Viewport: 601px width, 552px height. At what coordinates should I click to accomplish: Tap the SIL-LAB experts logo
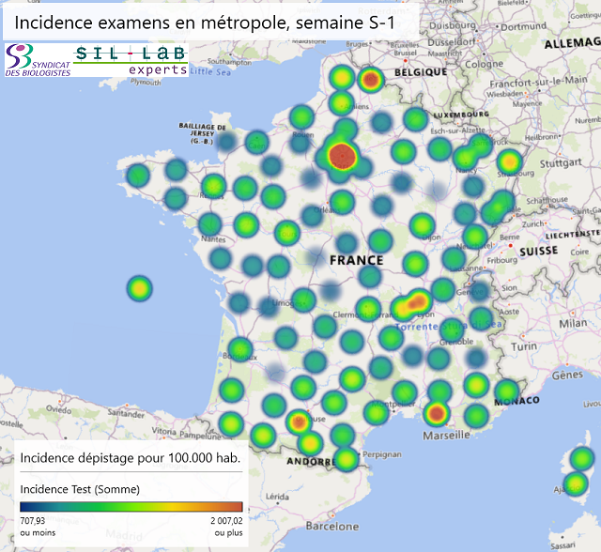pyautogui.click(x=131, y=60)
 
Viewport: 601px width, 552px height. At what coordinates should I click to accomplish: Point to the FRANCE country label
pyautogui.click(x=356, y=260)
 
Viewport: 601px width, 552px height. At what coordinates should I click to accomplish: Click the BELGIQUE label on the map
pyautogui.click(x=420, y=72)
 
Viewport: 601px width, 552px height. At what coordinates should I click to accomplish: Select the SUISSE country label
pyautogui.click(x=539, y=252)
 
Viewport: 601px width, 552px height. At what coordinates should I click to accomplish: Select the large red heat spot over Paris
pyautogui.click(x=344, y=156)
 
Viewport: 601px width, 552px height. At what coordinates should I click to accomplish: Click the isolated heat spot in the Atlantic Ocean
pyautogui.click(x=139, y=287)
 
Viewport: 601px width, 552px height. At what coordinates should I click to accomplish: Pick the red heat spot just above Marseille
pyautogui.click(x=436, y=413)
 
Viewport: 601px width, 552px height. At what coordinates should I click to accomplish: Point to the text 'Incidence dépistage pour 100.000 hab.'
pyautogui.click(x=130, y=458)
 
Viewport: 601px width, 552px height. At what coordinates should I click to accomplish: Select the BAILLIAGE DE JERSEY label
pyautogui.click(x=204, y=130)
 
